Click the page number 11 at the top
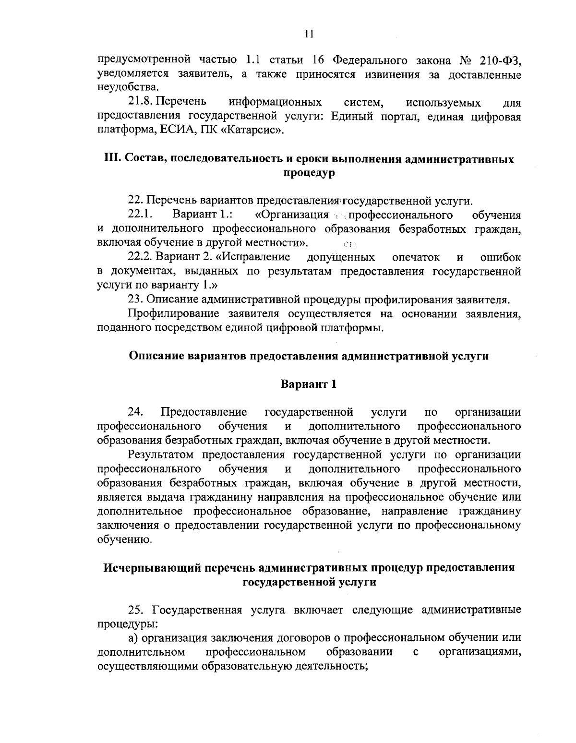tap(309, 34)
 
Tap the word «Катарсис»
tap(260, 131)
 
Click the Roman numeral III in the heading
tap(112, 159)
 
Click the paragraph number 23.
tap(135, 300)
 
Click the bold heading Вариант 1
tap(309, 384)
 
